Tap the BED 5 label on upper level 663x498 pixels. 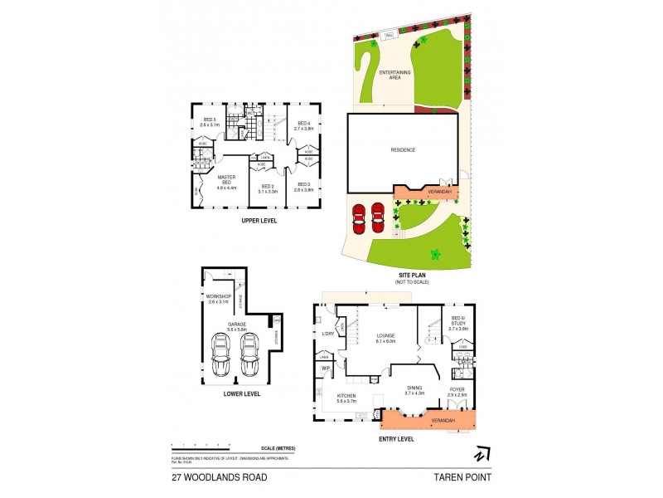click(209, 120)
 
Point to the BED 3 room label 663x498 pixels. click(303, 185)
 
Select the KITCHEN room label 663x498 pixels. click(347, 396)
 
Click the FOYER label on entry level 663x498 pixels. click(458, 389)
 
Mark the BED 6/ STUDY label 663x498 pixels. click(458, 320)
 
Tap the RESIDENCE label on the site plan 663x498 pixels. click(403, 150)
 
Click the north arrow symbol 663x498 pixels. click(481, 454)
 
